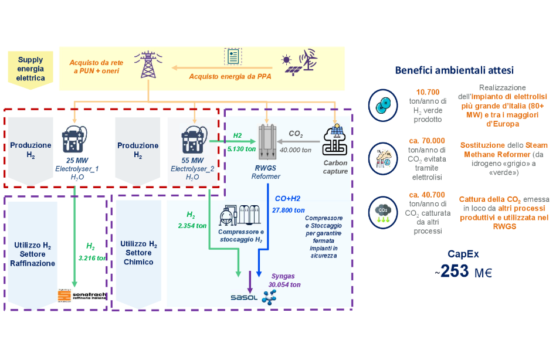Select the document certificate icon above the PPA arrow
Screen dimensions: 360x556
(233, 56)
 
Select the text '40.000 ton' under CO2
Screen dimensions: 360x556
(295, 150)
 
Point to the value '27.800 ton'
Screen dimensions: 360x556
(288, 210)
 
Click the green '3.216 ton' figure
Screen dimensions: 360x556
(91, 257)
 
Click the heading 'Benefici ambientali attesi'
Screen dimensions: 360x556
(455, 70)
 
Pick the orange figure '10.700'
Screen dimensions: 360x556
(431, 93)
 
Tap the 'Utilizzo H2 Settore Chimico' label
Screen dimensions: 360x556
(138, 253)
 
